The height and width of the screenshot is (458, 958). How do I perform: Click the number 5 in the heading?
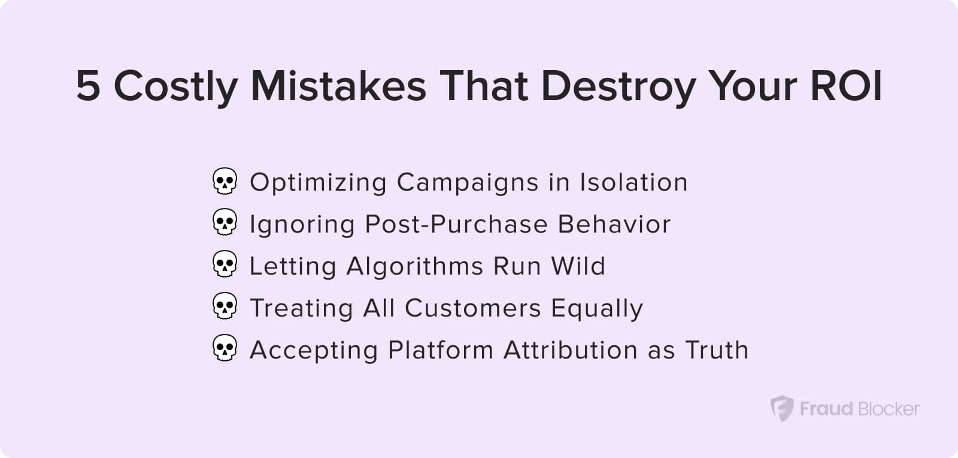coord(89,86)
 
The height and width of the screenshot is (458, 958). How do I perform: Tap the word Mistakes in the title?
coord(338,86)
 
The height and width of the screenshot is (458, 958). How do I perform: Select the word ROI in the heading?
coord(846,86)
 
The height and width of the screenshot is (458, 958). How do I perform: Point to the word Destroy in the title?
coord(619,88)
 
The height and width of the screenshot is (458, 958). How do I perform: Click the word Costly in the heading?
coord(176,88)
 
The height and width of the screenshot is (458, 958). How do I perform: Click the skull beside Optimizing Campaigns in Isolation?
coord(225,181)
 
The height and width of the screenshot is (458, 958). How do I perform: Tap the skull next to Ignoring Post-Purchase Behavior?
coord(225,222)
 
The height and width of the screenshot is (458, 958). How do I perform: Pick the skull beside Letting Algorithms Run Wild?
coord(225,264)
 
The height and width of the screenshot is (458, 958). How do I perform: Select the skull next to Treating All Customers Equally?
coord(225,306)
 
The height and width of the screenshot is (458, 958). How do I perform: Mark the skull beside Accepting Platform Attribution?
coord(225,348)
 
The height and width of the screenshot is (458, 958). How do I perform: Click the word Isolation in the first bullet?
coord(634,182)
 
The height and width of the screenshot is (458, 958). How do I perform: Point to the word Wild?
coord(578,266)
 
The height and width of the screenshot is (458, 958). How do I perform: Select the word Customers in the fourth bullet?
coord(473,308)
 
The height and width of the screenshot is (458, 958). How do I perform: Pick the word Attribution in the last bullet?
coord(571,349)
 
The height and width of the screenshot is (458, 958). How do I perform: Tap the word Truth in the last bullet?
coord(717,349)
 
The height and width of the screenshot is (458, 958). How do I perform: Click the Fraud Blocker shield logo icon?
coord(782,409)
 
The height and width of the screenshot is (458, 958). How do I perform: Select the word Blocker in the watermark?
coord(889,409)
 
